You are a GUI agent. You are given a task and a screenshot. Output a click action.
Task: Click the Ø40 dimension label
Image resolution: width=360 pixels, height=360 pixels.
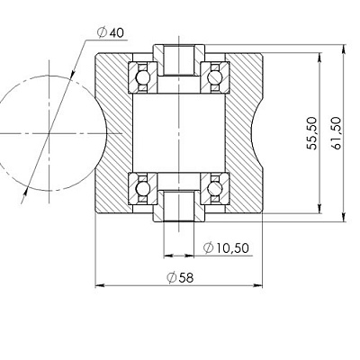tap(111, 32)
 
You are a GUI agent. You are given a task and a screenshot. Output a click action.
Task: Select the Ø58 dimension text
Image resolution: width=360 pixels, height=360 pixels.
tap(180, 277)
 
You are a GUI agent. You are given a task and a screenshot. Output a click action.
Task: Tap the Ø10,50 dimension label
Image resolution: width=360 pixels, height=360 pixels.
tap(226, 247)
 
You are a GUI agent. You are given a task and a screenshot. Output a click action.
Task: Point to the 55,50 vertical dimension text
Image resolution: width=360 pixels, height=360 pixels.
tap(311, 133)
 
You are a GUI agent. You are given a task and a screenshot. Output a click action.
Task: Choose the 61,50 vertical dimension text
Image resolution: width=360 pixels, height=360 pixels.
tap(336, 133)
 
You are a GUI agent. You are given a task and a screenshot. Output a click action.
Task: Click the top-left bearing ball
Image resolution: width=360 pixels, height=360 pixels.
tap(143, 77)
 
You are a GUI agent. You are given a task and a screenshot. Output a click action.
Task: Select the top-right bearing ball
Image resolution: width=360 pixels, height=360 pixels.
tap(215, 77)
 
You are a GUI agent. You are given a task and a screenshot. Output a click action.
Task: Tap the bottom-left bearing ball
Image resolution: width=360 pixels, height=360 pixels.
tap(143, 189)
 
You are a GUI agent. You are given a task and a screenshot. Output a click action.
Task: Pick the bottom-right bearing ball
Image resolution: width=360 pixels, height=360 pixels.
tap(215, 189)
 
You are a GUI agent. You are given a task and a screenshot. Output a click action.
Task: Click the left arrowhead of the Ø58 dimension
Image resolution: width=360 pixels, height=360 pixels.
tap(100, 285)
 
